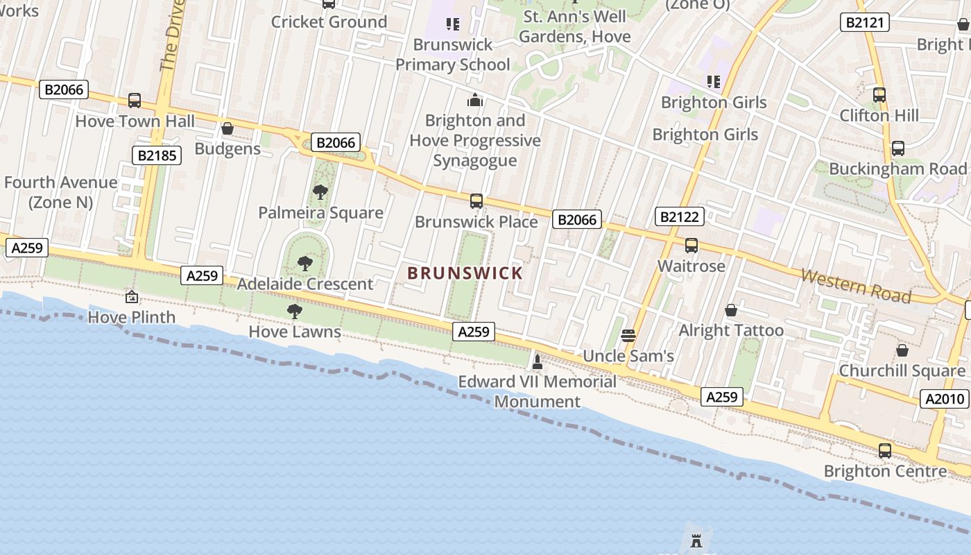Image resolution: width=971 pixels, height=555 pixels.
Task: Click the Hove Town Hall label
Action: point(135,121)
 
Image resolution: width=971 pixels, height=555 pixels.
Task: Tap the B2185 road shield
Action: point(156,155)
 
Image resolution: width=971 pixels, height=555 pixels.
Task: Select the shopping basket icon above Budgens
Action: point(227,128)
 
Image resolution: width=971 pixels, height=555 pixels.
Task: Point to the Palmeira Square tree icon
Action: point(320,191)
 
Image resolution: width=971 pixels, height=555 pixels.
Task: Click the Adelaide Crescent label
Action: point(305,284)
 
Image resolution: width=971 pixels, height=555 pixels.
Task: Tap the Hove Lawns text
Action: point(295,332)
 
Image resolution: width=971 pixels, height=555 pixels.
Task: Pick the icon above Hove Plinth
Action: point(131,297)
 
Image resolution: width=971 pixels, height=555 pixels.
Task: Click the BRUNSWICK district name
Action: point(465,273)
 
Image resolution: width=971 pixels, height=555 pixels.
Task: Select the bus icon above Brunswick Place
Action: point(476,201)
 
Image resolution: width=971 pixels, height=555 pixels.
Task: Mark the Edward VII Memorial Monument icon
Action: point(537,361)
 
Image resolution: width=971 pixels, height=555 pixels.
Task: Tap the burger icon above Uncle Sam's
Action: point(628,336)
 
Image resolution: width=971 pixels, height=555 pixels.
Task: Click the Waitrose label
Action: point(691,266)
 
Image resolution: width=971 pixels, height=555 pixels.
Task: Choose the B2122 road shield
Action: point(680,216)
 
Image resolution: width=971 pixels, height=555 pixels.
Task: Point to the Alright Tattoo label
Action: point(731,330)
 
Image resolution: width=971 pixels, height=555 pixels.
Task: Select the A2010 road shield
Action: point(945,398)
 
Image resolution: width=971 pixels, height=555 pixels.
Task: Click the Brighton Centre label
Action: point(885,471)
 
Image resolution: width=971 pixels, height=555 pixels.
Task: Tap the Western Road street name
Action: point(856,285)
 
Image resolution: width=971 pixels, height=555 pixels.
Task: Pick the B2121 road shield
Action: point(864,22)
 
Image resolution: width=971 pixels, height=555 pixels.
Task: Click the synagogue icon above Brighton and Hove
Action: point(474,101)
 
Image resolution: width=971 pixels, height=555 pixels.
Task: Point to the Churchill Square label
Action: point(902,370)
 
